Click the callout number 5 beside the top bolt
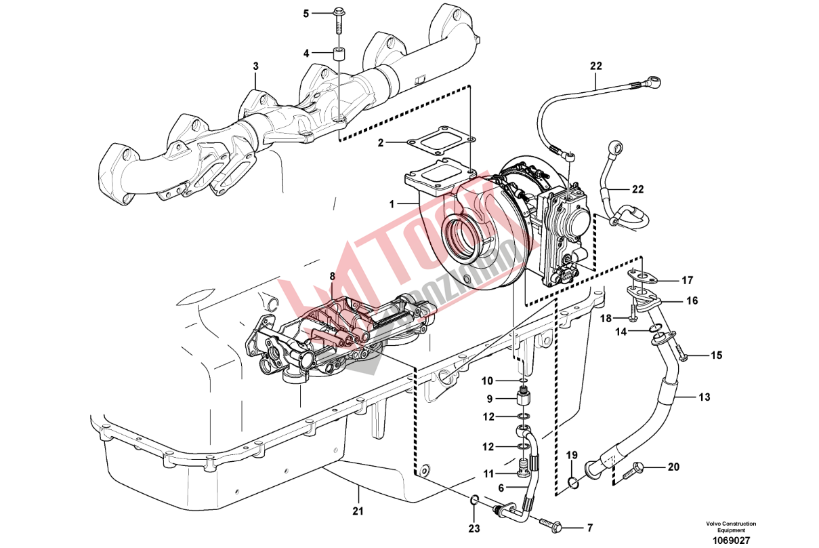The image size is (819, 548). point(306,13)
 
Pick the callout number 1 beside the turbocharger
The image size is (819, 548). point(392,203)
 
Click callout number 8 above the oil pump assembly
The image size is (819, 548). point(332,276)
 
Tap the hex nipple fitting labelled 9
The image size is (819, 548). point(523,397)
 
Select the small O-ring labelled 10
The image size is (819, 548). point(523,380)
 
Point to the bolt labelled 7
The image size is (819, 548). point(549,524)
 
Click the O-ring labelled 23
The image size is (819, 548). point(475,501)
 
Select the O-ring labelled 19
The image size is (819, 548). point(573,482)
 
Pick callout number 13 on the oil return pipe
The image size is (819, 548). point(705,397)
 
